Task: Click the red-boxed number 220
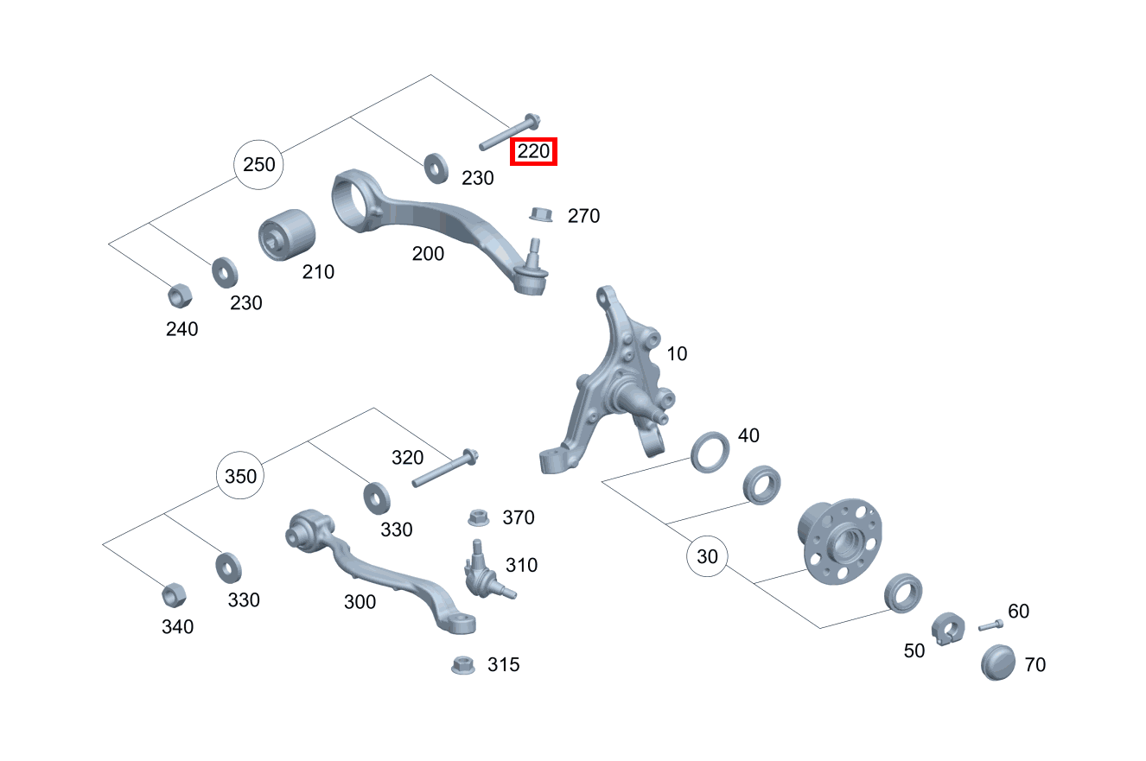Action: pyautogui.click(x=533, y=151)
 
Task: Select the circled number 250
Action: pyautogui.click(x=259, y=165)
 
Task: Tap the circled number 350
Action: pyautogui.click(x=240, y=476)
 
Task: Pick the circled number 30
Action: pyautogui.click(x=707, y=556)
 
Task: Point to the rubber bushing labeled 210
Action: pyautogui.click(x=287, y=235)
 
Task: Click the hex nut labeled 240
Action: pyautogui.click(x=180, y=295)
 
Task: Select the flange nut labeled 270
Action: pyautogui.click(x=541, y=214)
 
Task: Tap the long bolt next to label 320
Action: pyautogui.click(x=445, y=467)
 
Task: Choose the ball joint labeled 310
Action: pyautogui.click(x=485, y=572)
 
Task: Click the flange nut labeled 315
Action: pyautogui.click(x=463, y=665)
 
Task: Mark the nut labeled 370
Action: pyautogui.click(x=478, y=517)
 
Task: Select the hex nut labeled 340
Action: pyautogui.click(x=174, y=595)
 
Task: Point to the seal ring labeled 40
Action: pyautogui.click(x=710, y=452)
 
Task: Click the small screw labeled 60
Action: pyautogui.click(x=991, y=625)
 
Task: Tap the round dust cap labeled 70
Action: pyautogui.click(x=998, y=663)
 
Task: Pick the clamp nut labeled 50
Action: pyautogui.click(x=948, y=629)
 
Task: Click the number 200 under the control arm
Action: pyautogui.click(x=428, y=254)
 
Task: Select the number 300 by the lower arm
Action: pyautogui.click(x=360, y=602)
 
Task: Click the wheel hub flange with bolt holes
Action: pyautogui.click(x=840, y=541)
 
